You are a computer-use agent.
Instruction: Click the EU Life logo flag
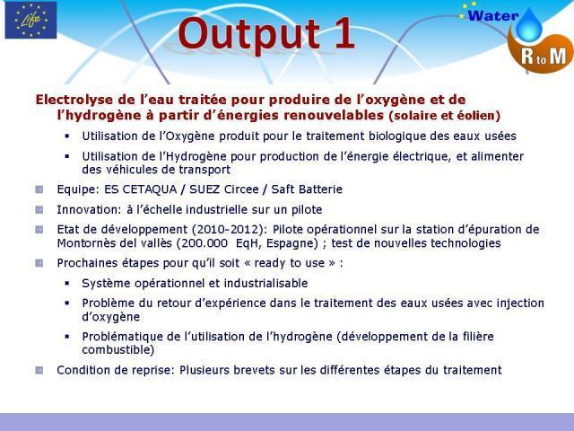click(x=30, y=20)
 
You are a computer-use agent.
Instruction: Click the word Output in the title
click(x=249, y=34)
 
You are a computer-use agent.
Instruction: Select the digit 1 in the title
click(x=344, y=32)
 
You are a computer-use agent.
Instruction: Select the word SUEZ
click(x=204, y=189)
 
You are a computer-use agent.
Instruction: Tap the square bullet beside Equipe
click(x=39, y=189)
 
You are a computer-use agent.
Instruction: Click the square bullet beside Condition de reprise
click(x=39, y=370)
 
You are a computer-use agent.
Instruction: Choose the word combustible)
click(x=117, y=350)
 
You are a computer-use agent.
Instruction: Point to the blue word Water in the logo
click(x=493, y=16)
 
